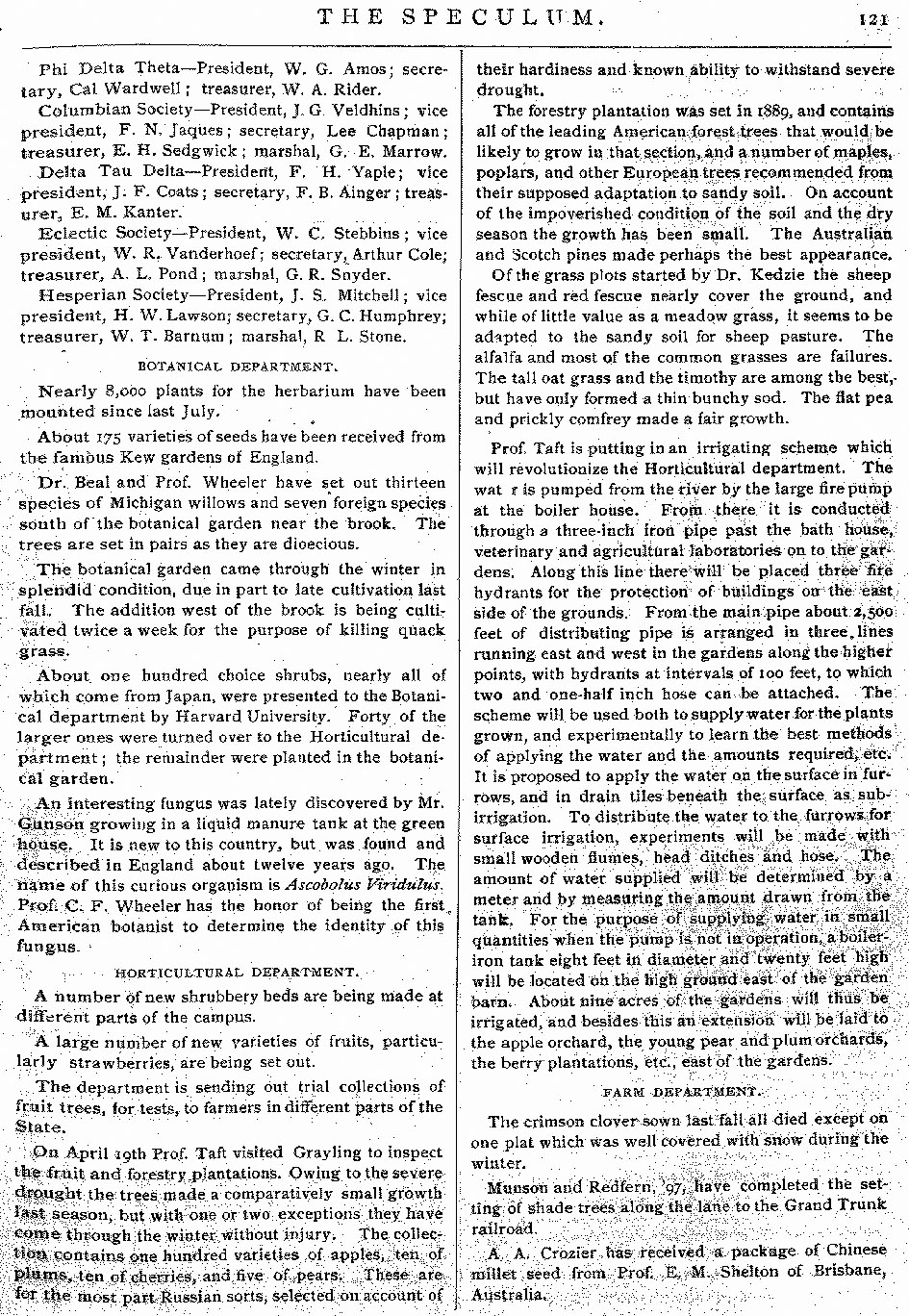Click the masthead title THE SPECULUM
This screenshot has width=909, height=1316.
(x=460, y=16)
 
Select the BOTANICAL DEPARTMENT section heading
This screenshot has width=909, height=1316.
(x=237, y=367)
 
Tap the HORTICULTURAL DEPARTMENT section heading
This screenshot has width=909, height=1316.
(x=237, y=973)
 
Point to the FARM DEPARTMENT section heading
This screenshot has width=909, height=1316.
(x=681, y=1092)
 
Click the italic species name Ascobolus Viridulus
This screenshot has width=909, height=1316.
(x=381, y=885)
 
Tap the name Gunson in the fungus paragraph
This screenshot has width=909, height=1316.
(x=48, y=823)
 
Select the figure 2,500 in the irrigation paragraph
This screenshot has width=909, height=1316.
(x=872, y=612)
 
